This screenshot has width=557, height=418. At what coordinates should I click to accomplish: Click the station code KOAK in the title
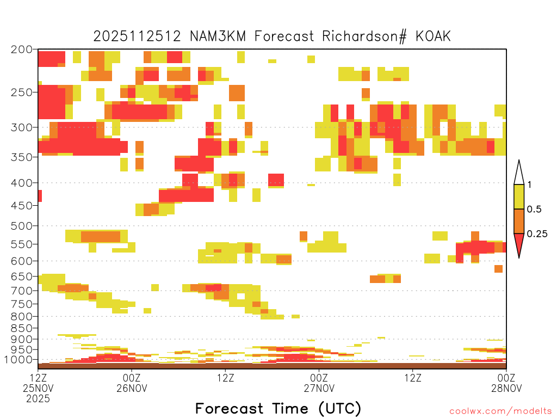pos(433,36)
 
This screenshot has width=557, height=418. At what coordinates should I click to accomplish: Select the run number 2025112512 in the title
pos(137,36)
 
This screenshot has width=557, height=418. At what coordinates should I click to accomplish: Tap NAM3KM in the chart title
pos(218,36)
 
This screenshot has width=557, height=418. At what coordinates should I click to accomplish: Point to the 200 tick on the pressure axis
pos(22,50)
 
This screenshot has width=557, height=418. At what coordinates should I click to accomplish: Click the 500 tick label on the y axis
pos(22,226)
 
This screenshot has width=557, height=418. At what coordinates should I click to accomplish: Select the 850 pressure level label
pos(22,328)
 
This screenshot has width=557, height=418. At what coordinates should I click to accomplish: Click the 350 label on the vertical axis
pos(22,157)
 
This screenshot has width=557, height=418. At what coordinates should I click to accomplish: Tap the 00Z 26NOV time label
pos(132,383)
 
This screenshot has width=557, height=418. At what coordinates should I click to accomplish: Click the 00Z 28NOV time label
pos(506,383)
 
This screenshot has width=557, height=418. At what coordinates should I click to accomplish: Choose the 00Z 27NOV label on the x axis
pos(319,383)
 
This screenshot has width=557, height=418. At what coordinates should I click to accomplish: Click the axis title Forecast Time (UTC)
pos(278,409)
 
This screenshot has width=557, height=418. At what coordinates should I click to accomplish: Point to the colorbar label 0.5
pos(534,209)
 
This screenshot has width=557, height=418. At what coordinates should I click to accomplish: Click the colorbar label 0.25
pos(537,233)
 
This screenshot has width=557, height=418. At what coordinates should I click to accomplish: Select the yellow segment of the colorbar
pos(519,196)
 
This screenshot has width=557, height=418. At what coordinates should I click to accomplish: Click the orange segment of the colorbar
pos(519,221)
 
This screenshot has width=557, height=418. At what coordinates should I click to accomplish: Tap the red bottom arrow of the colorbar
pos(519,243)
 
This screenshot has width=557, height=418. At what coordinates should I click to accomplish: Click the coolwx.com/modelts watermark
pos(500,411)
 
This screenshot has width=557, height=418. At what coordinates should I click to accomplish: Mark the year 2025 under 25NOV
pos(38,399)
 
